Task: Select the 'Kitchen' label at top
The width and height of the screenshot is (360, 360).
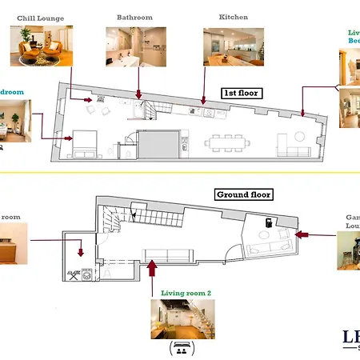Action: pyautogui.click(x=233, y=17)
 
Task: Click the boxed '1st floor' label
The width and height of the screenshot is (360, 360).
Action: pyautogui.click(x=242, y=93)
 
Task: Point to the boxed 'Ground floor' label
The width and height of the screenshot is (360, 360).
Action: pyautogui.click(x=244, y=194)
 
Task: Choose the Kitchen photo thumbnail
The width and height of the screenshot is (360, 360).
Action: pyautogui.click(x=234, y=47)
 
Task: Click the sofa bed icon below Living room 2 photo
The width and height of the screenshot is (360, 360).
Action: pyautogui.click(x=182, y=349)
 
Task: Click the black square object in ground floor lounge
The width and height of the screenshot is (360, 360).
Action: pyautogui.click(x=268, y=221)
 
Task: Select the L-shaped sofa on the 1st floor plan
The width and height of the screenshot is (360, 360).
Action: pyautogui.click(x=292, y=150)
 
